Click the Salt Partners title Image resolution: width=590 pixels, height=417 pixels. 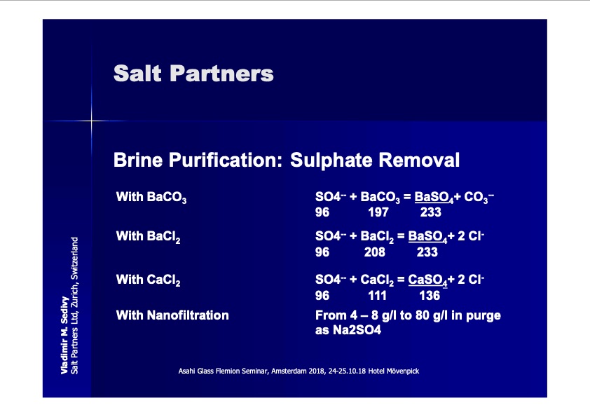pyautogui.click(x=193, y=73)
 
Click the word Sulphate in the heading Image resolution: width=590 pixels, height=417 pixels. pyautogui.click(x=331, y=160)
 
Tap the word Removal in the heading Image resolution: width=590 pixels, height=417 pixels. pyautogui.click(x=419, y=160)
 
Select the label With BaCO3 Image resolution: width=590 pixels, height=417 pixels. pyautogui.click(x=151, y=197)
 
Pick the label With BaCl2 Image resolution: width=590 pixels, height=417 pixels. pyautogui.click(x=149, y=237)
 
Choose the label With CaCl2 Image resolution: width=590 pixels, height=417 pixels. pyautogui.click(x=149, y=280)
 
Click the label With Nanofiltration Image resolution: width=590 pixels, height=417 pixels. pyautogui.click(x=172, y=315)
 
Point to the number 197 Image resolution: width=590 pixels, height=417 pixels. pyautogui.click(x=378, y=212)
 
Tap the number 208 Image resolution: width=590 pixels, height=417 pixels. pyautogui.click(x=374, y=252)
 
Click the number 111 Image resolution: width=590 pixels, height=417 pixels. pyautogui.click(x=378, y=296)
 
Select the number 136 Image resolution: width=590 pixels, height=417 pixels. pyautogui.click(x=430, y=296)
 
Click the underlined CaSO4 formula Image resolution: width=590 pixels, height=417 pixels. pyautogui.click(x=428, y=280)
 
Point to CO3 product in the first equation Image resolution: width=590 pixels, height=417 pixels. pyautogui.click(x=479, y=197)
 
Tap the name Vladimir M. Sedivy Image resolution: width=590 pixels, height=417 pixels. pyautogui.click(x=64, y=335)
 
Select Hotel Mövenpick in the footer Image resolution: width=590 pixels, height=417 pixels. pyautogui.click(x=394, y=371)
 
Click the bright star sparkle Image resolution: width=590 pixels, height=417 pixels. pyautogui.click(x=91, y=121)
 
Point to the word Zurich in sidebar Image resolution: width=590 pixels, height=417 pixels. pyautogui.click(x=74, y=296)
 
